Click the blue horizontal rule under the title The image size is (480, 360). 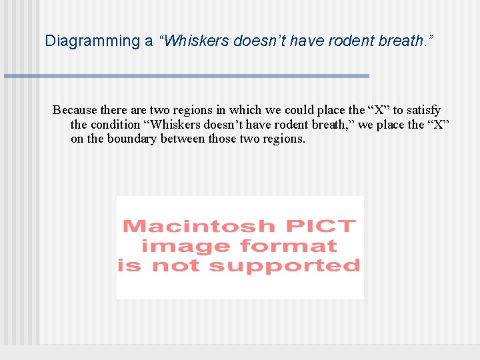pos(187,76)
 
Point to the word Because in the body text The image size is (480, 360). pos(75,110)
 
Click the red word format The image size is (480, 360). pos(289,246)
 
